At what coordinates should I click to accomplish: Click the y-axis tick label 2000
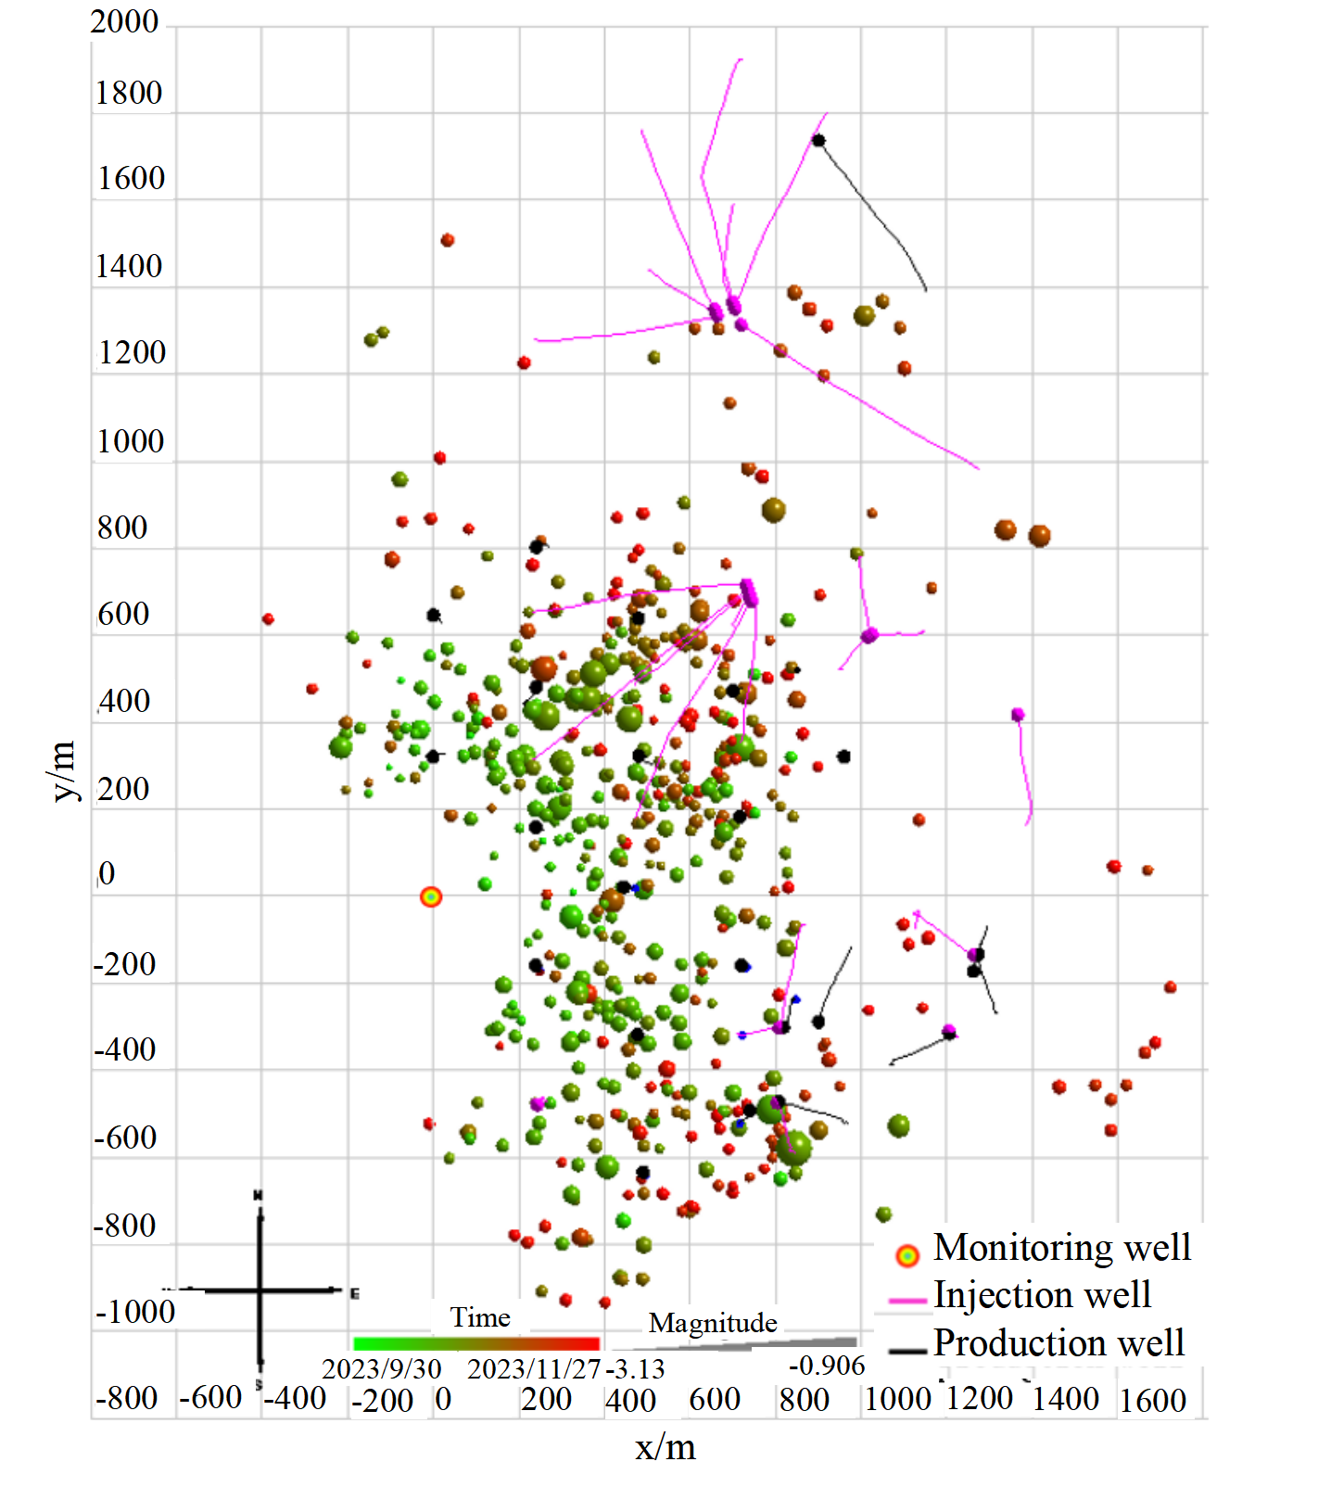point(124,21)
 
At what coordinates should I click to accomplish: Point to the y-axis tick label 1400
point(129,267)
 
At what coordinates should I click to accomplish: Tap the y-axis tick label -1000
point(135,1312)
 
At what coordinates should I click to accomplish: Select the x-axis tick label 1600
point(1152,1401)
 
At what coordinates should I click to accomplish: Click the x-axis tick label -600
point(210,1397)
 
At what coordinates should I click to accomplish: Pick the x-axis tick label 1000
point(897,1399)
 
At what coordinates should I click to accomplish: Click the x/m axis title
point(665,1447)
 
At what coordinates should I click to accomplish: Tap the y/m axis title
point(63,770)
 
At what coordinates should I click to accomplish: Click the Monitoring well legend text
point(1061,1248)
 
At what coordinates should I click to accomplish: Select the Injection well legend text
point(1042,1295)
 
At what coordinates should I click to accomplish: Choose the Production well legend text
point(1058,1343)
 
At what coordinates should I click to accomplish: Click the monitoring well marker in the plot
point(431,896)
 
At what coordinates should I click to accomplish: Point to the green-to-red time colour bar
point(476,1343)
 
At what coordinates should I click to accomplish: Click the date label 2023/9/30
point(382,1369)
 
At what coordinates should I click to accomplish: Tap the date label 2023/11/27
point(534,1369)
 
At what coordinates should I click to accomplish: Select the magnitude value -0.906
point(827,1366)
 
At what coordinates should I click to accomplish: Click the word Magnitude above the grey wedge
point(713,1323)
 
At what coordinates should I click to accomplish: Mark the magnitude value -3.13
point(636,1369)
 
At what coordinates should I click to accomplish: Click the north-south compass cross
point(260,1290)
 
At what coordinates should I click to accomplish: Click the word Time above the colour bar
point(480,1317)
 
